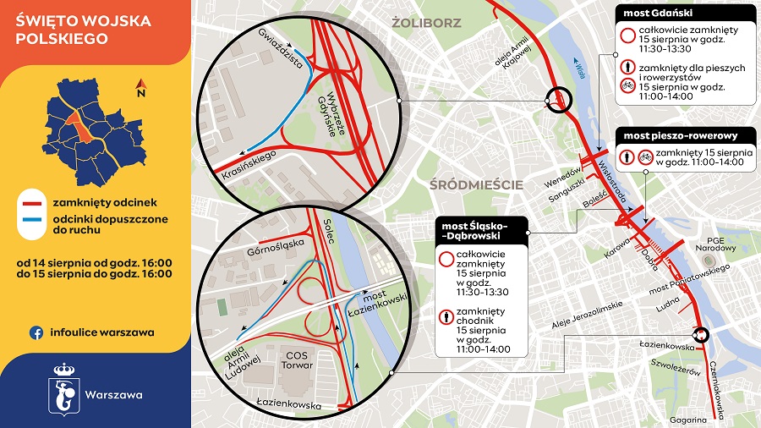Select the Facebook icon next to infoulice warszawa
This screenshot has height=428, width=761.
click(x=37, y=332)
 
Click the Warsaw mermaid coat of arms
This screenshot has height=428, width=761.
click(x=64, y=390)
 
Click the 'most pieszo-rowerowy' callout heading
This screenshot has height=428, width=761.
click(x=681, y=135)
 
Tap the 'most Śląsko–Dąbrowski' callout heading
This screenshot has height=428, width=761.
click(x=480, y=231)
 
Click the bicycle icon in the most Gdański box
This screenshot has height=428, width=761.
click(x=627, y=85)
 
